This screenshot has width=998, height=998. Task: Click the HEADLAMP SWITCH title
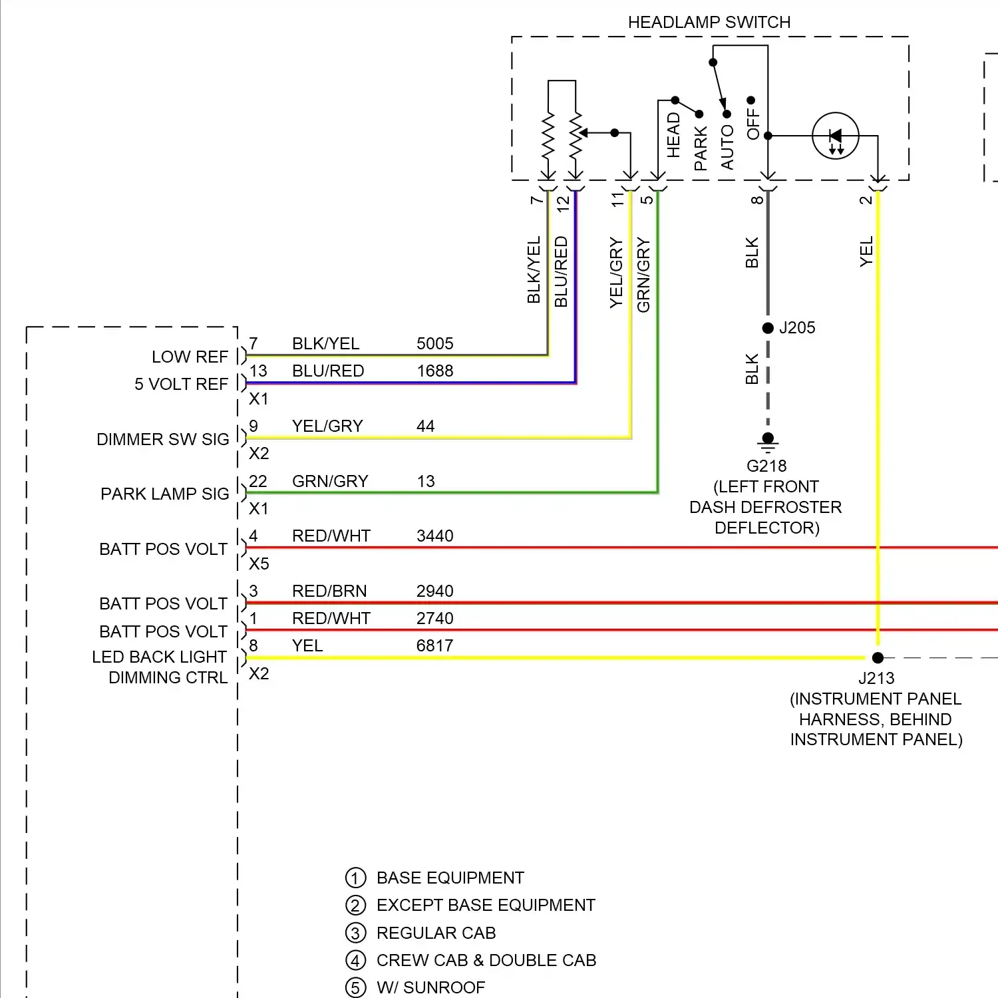tap(709, 22)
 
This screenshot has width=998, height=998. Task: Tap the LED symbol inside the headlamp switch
tap(836, 136)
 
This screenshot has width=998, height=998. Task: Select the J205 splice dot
tap(768, 328)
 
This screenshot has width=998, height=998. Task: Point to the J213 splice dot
tap(878, 658)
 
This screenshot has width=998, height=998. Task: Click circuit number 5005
tap(434, 344)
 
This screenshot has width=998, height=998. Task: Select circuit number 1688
tap(434, 371)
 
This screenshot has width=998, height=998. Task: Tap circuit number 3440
tap(434, 536)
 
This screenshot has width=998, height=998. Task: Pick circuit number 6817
tap(434, 646)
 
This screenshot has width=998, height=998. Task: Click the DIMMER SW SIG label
tap(162, 440)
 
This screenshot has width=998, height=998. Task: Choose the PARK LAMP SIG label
tap(164, 494)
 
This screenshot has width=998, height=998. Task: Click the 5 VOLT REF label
tap(181, 385)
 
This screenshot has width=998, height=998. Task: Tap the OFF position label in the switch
tap(753, 124)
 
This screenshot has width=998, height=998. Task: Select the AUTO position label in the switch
tap(727, 148)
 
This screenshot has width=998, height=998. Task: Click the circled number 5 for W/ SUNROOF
tap(356, 988)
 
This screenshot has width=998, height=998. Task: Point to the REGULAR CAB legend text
tap(436, 933)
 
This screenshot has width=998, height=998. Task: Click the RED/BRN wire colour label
tap(329, 591)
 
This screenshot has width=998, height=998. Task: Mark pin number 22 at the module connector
tap(258, 482)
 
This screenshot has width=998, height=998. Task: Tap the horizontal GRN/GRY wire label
tap(330, 482)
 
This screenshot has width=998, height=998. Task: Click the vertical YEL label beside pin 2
tap(866, 251)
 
